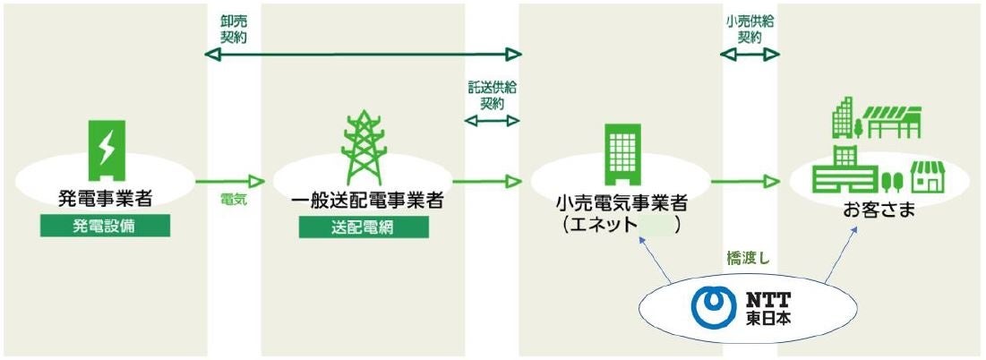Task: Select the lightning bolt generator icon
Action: pyautogui.click(x=107, y=147)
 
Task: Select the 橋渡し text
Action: pyautogui.click(x=749, y=259)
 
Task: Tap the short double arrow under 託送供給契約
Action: pyautogui.click(x=493, y=118)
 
